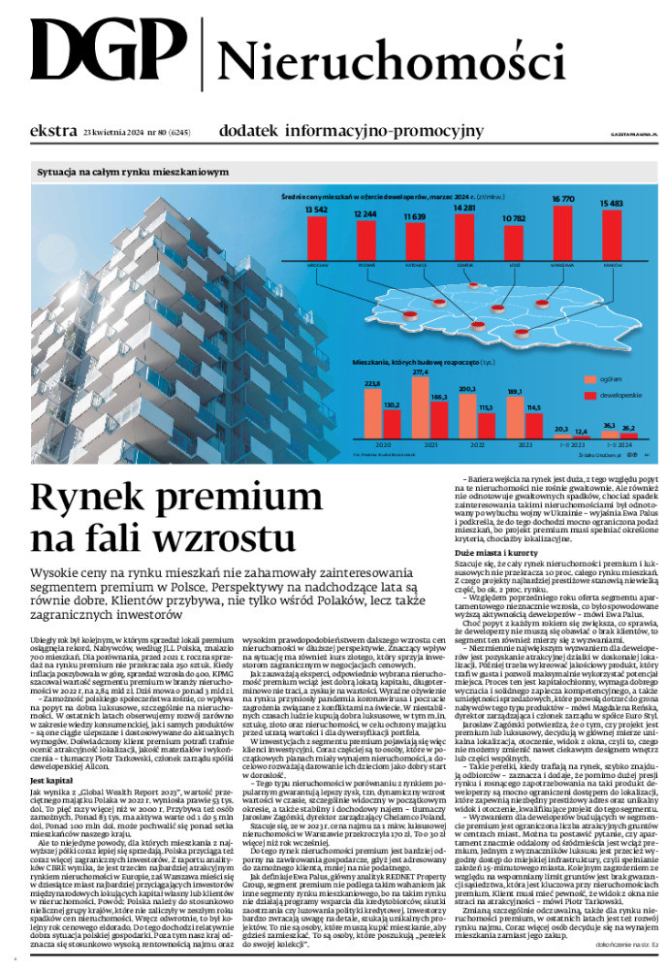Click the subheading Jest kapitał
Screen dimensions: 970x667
pyautogui.click(x=50, y=753)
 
